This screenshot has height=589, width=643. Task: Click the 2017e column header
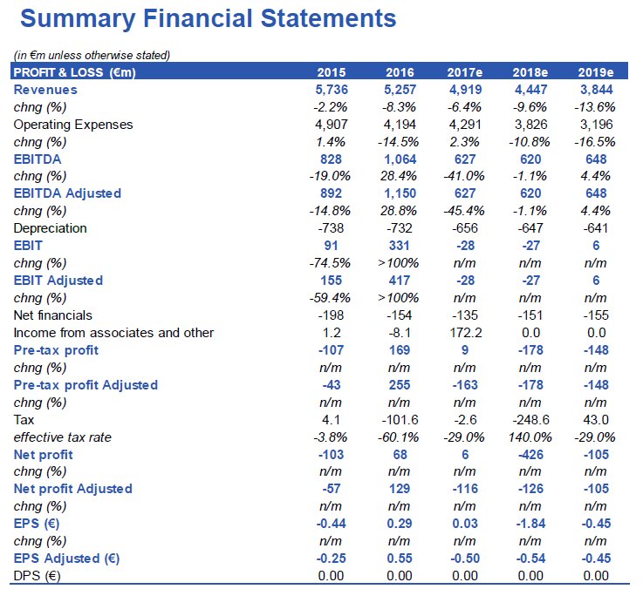pyautogui.click(x=464, y=72)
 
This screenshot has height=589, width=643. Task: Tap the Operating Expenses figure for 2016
pyautogui.click(x=398, y=125)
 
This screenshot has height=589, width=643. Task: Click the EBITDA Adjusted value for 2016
pyautogui.click(x=398, y=193)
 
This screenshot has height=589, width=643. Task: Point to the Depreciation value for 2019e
pyautogui.click(x=596, y=228)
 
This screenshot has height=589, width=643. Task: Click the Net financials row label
pyautogui.click(x=52, y=315)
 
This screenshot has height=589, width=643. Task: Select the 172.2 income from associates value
pyautogui.click(x=464, y=333)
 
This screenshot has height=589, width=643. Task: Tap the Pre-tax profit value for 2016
pyautogui.click(x=398, y=350)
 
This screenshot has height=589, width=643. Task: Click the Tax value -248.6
pyautogui.click(x=530, y=419)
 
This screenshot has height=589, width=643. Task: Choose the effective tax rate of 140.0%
pyautogui.click(x=530, y=437)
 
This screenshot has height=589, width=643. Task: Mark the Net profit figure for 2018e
pyautogui.click(x=530, y=454)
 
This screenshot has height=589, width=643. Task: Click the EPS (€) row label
pyautogui.click(x=38, y=524)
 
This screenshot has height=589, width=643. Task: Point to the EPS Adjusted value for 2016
pyautogui.click(x=398, y=558)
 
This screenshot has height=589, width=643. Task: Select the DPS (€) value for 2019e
pyautogui.click(x=596, y=575)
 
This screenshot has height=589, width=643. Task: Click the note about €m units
pyautogui.click(x=92, y=56)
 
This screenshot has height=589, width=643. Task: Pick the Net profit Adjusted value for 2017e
pyautogui.click(x=464, y=489)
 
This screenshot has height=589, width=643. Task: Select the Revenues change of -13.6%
pyautogui.click(x=596, y=107)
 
